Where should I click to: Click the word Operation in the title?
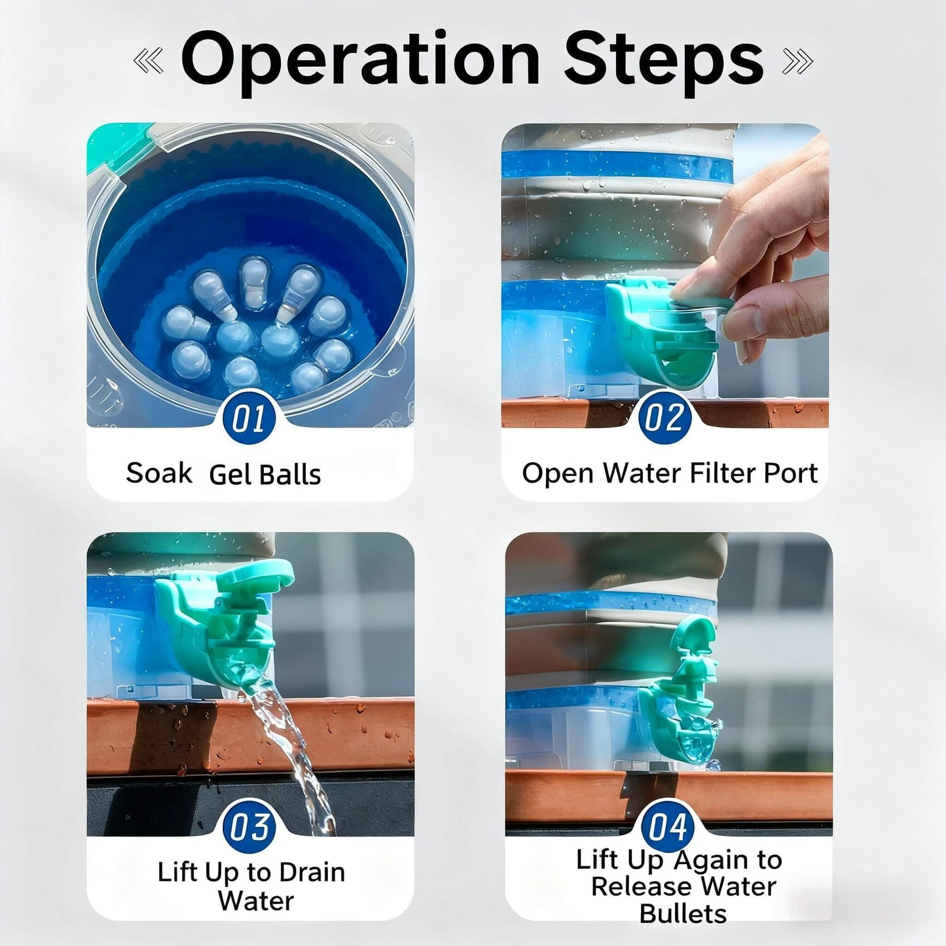coord(359,60)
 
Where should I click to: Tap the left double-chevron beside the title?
coord(148,62)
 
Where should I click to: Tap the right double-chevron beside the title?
coord(797,62)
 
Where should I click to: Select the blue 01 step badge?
coord(249,417)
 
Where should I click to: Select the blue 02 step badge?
coord(664,417)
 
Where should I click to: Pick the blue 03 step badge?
coord(249,826)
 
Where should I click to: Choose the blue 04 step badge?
coord(668,826)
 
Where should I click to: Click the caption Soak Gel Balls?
coord(223,474)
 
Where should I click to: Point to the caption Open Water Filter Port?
coord(669,473)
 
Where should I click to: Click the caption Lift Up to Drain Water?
coord(252,886)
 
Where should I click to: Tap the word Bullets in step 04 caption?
coord(683,913)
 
